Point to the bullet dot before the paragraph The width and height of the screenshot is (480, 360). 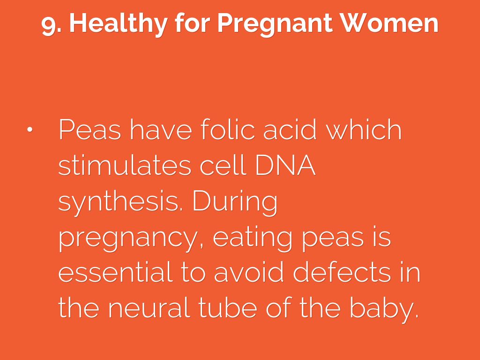[30, 129]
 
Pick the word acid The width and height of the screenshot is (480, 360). [290, 129]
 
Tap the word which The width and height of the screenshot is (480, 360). [363, 129]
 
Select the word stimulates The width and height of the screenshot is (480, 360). [125, 165]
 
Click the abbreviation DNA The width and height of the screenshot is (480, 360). [285, 165]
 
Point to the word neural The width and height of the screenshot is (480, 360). [149, 307]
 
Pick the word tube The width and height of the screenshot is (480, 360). [228, 307]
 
